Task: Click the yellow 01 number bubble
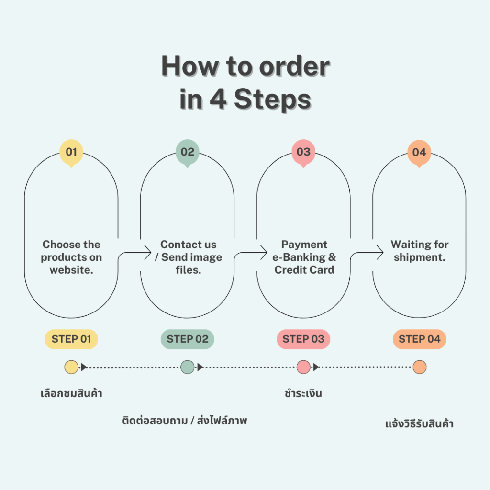point(71,152)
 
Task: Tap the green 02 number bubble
point(188,152)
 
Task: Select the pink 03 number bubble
point(303,152)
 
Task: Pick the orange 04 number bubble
point(419,152)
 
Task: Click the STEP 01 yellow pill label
point(71,339)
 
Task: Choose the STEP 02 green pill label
point(188,339)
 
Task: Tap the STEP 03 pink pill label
point(303,339)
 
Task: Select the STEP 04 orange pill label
point(419,339)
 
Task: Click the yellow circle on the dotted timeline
point(71,367)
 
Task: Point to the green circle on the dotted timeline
point(188,367)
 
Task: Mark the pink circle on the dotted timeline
point(303,367)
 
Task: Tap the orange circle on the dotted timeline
point(419,367)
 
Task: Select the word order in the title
point(294,67)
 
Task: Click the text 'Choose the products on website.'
point(71,257)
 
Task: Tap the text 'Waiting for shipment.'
point(419,251)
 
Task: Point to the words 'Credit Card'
point(304,270)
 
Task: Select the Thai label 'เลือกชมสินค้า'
point(71,394)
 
